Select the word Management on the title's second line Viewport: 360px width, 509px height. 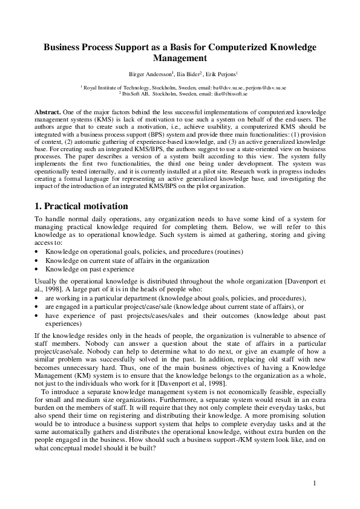(180, 59)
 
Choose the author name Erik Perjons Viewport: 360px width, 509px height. (222, 74)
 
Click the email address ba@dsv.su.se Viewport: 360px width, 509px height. (229, 88)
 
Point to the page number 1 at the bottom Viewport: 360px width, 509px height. (315, 483)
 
